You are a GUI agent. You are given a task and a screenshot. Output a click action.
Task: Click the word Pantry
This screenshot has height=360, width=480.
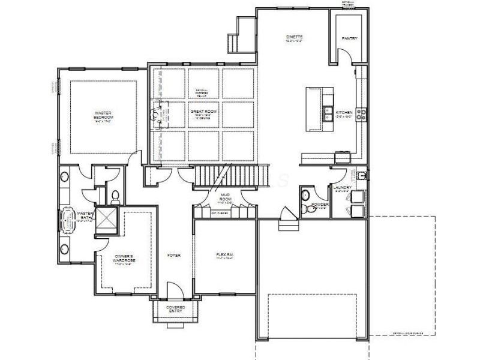point(349,38)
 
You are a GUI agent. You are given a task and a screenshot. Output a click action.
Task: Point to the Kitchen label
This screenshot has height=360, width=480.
point(344,112)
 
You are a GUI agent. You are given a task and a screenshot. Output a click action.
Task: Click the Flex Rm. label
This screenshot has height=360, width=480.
point(224,255)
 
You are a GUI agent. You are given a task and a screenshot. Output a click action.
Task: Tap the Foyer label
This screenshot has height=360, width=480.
point(173,255)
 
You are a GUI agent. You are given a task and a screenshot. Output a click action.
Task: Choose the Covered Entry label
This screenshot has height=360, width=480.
point(176,309)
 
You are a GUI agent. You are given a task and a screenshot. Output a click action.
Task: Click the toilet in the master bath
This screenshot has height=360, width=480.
point(114,195)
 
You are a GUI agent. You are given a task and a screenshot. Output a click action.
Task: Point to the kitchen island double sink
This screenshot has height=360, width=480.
point(328,110)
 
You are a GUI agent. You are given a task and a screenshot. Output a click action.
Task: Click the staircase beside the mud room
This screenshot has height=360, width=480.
point(228,176)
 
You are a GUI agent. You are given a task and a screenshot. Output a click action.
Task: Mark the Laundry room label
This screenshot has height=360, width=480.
point(343,188)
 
